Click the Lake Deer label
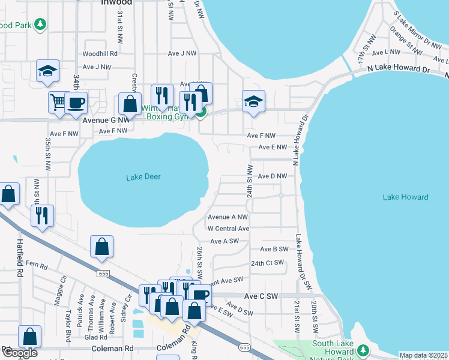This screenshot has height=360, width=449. [143, 177]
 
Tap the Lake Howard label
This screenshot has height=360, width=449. [405, 197]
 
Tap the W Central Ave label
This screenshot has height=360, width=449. [228, 229]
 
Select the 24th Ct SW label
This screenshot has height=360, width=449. [267, 263]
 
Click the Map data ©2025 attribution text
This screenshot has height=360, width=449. [423, 355]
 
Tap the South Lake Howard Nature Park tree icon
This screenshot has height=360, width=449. [362, 349]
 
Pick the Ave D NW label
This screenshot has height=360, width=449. [276, 176]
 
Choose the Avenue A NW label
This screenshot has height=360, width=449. [228, 217]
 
